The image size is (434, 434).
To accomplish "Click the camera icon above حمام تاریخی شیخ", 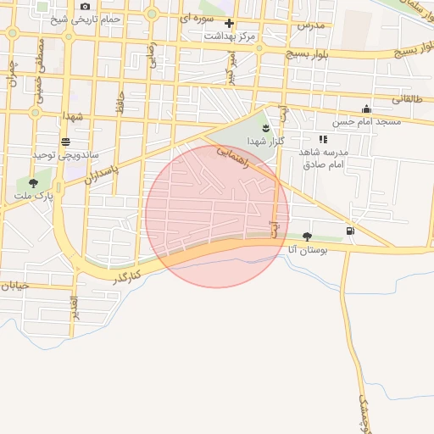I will point(85,7).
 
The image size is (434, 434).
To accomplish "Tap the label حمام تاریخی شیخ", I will point(86,19).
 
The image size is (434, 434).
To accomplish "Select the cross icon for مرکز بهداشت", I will point(228,23).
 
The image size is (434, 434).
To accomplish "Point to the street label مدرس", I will point(310,26).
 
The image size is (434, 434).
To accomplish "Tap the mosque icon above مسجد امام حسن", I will point(365,108).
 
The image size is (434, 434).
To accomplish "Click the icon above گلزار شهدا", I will point(266,127).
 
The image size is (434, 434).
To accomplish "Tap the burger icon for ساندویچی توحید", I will point(66,142).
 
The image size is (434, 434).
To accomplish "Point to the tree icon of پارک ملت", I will point(33,182).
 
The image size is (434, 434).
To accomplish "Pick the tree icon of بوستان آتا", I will point(306,236).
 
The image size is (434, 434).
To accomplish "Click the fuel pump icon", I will point(350,231).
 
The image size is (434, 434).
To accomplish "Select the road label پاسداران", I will point(103,169).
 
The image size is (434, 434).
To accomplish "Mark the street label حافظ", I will point(121,103).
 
